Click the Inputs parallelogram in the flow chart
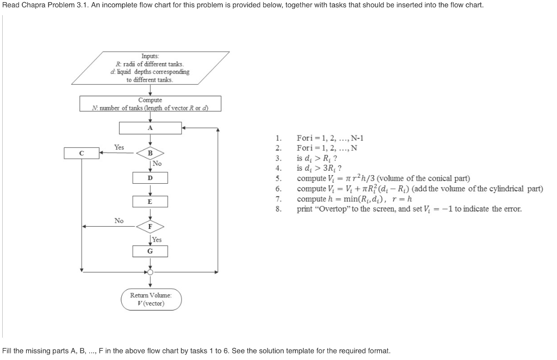click(x=150, y=68)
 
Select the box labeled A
click(x=150, y=128)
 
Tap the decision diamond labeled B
click(x=150, y=153)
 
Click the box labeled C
click(x=81, y=153)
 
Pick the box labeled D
click(x=150, y=178)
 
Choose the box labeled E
click(x=150, y=202)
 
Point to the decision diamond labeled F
click(x=150, y=226)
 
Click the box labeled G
click(x=150, y=251)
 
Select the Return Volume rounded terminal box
click(x=151, y=299)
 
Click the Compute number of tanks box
click(x=150, y=103)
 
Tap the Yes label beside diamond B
click(x=119, y=147)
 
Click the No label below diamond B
click(x=157, y=163)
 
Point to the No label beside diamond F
click(x=119, y=220)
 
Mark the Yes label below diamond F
click(x=157, y=239)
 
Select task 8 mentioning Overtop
click(x=409, y=209)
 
